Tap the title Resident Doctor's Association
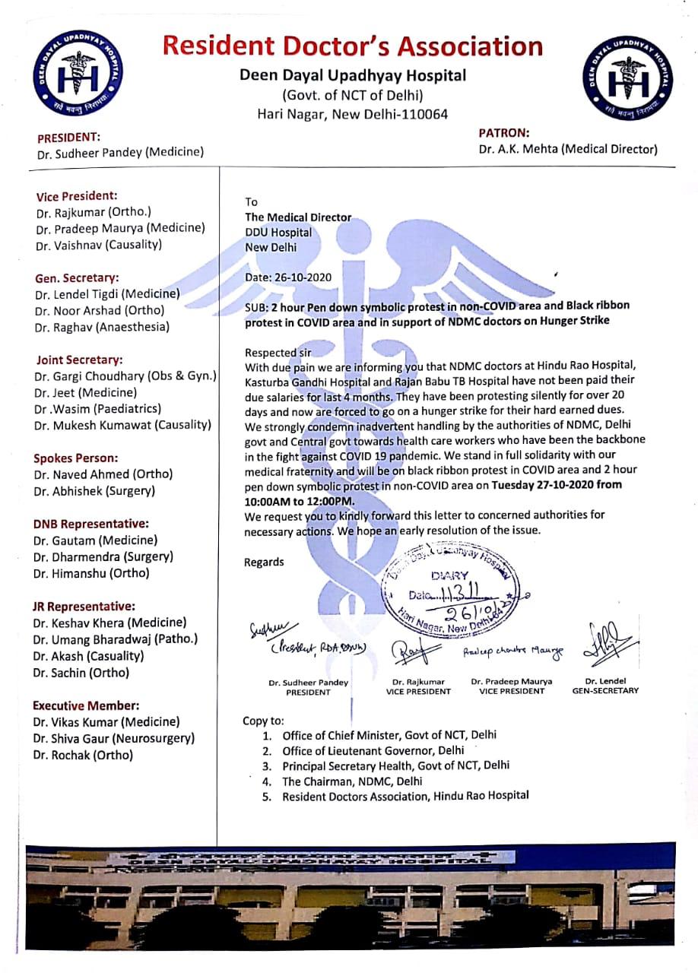pyautogui.click(x=353, y=46)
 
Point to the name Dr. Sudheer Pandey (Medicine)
pyautogui.click(x=120, y=152)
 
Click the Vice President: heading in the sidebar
pyautogui.click(x=77, y=195)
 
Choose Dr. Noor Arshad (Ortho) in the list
pyautogui.click(x=100, y=310)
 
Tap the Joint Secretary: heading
pyautogui.click(x=78, y=360)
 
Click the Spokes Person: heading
pyautogui.click(x=76, y=458)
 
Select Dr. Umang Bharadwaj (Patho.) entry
pyautogui.click(x=116, y=639)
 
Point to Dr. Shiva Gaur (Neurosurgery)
pyautogui.click(x=114, y=738)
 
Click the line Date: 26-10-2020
pyautogui.click(x=288, y=277)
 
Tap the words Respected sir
pyautogui.click(x=278, y=353)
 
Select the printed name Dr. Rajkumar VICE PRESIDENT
pyautogui.click(x=418, y=686)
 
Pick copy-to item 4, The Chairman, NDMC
pyautogui.click(x=352, y=781)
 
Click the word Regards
pyautogui.click(x=264, y=563)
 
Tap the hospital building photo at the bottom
pyautogui.click(x=349, y=897)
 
